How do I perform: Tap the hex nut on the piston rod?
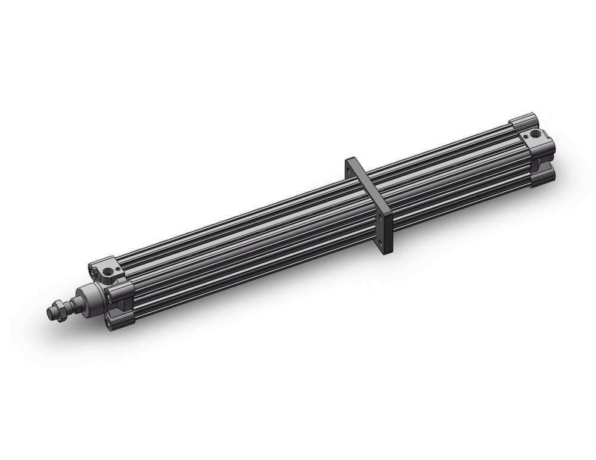(59, 309)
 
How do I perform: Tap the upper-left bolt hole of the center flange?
(347, 173)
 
